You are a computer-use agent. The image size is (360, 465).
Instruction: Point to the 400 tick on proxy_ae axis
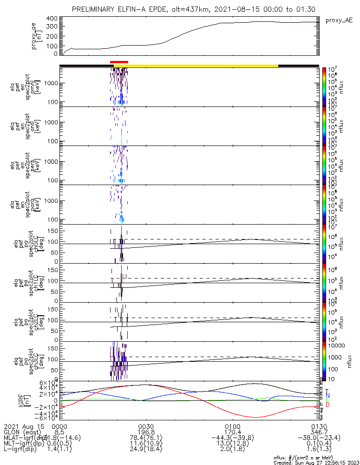coord(52,19)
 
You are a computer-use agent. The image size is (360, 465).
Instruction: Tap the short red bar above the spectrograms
coord(119,62)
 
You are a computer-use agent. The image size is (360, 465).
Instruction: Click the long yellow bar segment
coord(203,66)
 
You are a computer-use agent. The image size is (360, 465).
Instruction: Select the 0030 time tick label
coord(146,426)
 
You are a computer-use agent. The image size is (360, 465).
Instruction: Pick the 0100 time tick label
coord(232,426)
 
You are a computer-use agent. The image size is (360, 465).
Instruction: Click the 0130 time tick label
coord(319,426)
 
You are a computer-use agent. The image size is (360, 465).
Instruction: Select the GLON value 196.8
coord(146,432)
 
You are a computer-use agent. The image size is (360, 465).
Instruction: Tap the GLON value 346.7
coord(319,432)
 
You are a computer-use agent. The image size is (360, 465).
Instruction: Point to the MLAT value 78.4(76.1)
coord(146,438)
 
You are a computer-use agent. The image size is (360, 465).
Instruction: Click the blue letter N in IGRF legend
coord(327,395)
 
